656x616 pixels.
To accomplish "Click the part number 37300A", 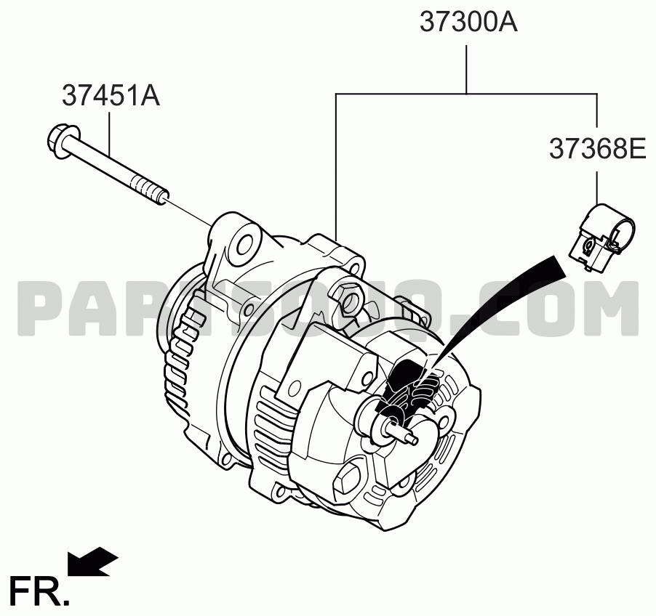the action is coord(468,22).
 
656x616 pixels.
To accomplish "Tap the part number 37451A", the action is coord(111,95).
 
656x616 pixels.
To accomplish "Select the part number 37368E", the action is coord(597,148).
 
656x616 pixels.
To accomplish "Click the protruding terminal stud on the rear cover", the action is coord(404,434).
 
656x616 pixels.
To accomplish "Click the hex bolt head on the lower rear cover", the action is coord(349,479).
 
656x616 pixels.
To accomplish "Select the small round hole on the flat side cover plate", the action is coord(297,386).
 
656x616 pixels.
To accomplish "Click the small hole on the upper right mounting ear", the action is coord(356,266).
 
